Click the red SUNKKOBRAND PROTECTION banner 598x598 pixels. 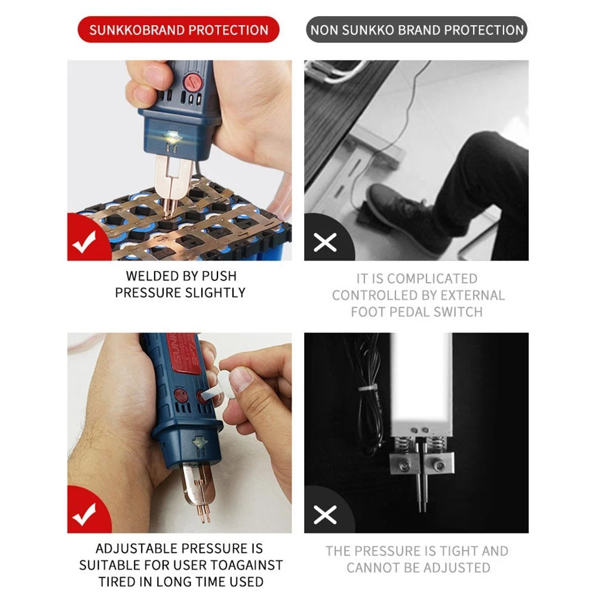click(x=178, y=29)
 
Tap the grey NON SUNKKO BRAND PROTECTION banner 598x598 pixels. click(x=416, y=29)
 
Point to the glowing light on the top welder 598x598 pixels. click(x=171, y=137)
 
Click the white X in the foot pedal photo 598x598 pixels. click(x=325, y=242)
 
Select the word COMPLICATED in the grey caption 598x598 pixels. click(x=432, y=278)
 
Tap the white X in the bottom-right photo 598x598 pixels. click(x=325, y=514)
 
